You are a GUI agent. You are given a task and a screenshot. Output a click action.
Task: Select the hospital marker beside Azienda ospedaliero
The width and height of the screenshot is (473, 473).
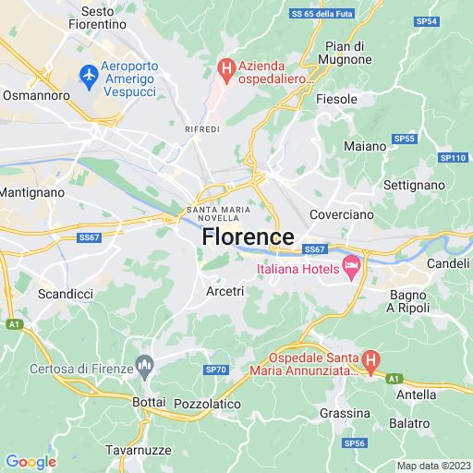[x=224, y=67]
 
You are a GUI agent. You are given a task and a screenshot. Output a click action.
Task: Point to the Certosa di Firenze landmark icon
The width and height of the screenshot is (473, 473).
[x=144, y=369]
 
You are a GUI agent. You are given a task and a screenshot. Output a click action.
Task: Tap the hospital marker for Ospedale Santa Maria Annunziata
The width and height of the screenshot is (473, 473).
[x=370, y=360]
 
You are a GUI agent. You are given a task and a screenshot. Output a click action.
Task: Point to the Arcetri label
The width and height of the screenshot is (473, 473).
[x=224, y=291]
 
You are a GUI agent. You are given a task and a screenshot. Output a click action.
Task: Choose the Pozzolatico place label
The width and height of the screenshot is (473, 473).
[x=207, y=404]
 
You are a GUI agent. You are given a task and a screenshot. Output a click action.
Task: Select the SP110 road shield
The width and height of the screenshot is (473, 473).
[x=453, y=158]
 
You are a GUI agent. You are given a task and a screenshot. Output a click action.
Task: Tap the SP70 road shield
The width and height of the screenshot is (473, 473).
[x=214, y=370]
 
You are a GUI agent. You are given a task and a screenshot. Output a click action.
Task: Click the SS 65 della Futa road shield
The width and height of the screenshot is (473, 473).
[x=322, y=14]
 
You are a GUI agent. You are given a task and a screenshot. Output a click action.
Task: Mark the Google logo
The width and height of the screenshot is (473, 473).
[x=30, y=462]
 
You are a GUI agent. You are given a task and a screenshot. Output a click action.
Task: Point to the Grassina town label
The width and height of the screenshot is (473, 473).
[x=345, y=413]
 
